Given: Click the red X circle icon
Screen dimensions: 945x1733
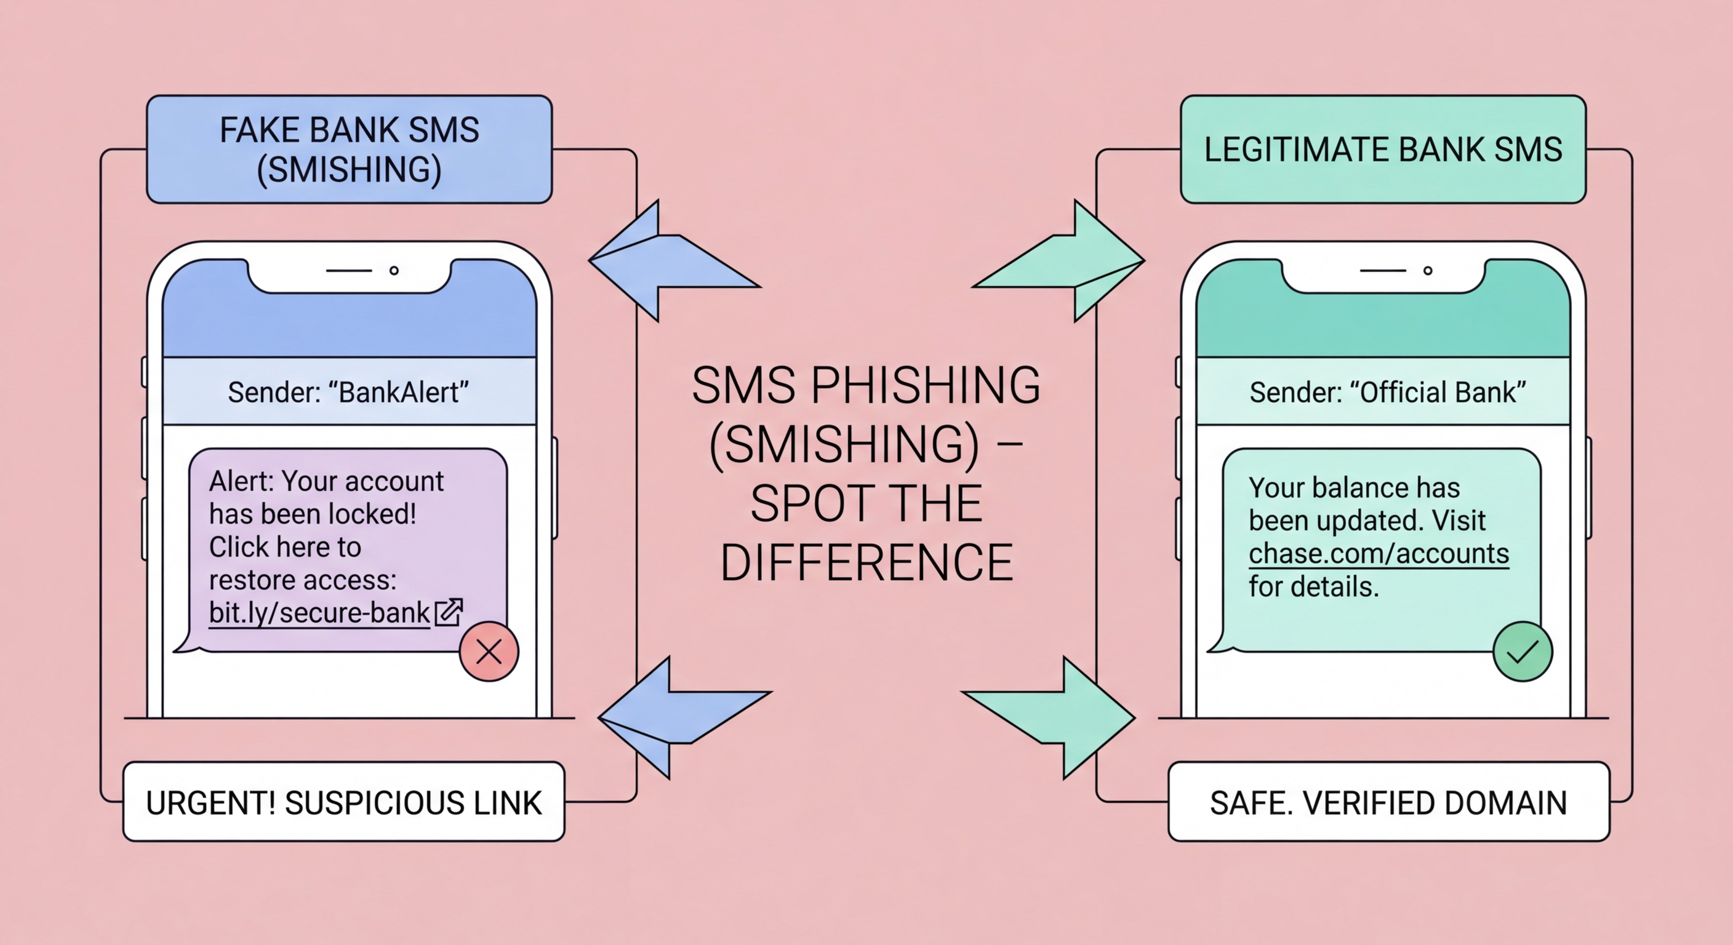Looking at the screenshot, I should (489, 651).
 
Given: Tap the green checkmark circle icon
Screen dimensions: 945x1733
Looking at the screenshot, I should (1523, 651).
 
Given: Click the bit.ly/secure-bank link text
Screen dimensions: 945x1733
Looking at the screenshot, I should (319, 613).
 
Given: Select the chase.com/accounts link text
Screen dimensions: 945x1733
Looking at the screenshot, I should (1379, 554).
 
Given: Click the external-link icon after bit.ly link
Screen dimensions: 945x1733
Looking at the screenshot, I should (449, 612).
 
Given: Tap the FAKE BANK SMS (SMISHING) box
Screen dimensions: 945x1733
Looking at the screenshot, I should (349, 150).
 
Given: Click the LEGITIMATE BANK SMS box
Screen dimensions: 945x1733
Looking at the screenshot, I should (1383, 150).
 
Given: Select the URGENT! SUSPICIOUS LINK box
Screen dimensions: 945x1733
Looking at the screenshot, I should (344, 802).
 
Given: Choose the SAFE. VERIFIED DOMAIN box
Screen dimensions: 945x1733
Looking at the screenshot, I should (1388, 802).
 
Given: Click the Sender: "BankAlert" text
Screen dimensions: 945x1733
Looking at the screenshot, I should (348, 392).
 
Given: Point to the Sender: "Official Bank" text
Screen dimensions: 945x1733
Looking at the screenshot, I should (1387, 392).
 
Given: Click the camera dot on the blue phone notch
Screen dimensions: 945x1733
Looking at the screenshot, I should (394, 270).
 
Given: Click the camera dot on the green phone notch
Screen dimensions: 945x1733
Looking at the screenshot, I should (1428, 270).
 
